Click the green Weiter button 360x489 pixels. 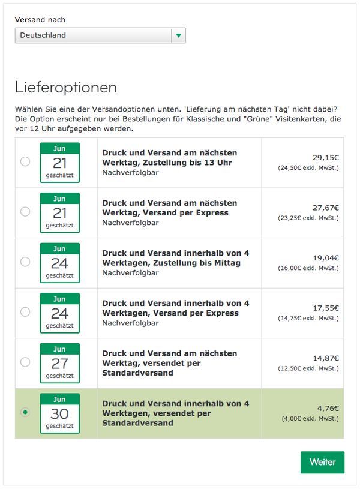pyautogui.click(x=322, y=462)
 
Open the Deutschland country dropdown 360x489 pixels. pyautogui.click(x=100, y=35)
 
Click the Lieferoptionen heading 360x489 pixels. pyautogui.click(x=66, y=88)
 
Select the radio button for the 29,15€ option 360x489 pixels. pyautogui.click(x=25, y=161)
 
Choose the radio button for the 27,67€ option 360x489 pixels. pyautogui.click(x=25, y=211)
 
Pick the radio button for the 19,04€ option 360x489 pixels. pyautogui.click(x=25, y=262)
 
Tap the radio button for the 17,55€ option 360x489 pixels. pyautogui.click(x=25, y=312)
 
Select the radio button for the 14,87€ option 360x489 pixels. pyautogui.click(x=25, y=362)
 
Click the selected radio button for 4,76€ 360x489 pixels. pyautogui.click(x=25, y=412)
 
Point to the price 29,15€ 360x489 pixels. pyautogui.click(x=326, y=157)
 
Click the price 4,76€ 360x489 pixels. pyautogui.click(x=328, y=408)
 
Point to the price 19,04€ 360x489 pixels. pyautogui.click(x=326, y=258)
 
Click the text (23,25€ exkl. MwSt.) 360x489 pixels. pyautogui.click(x=308, y=218)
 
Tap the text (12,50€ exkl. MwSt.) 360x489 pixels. pyautogui.click(x=308, y=368)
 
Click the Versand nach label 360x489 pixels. pyautogui.click(x=40, y=20)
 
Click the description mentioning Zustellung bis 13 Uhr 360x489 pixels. pyautogui.click(x=170, y=157)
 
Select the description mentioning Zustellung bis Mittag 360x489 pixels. pyautogui.click(x=175, y=258)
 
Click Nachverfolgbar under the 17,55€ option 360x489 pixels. pyautogui.click(x=130, y=323)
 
